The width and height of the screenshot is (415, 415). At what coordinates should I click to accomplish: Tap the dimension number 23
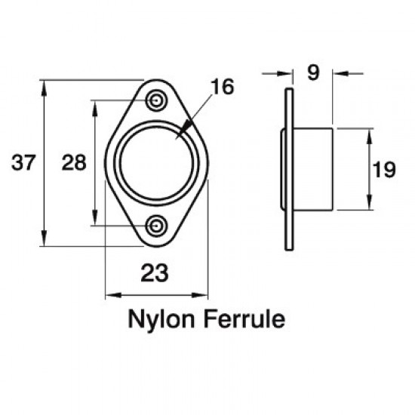coord(155,273)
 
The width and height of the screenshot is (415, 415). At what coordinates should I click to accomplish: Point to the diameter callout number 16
coord(223,86)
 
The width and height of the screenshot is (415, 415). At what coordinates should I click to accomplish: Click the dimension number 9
coord(312,73)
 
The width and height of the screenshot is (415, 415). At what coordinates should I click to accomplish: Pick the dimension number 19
coord(384,170)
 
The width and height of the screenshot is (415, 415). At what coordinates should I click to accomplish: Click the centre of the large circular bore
coord(157,162)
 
